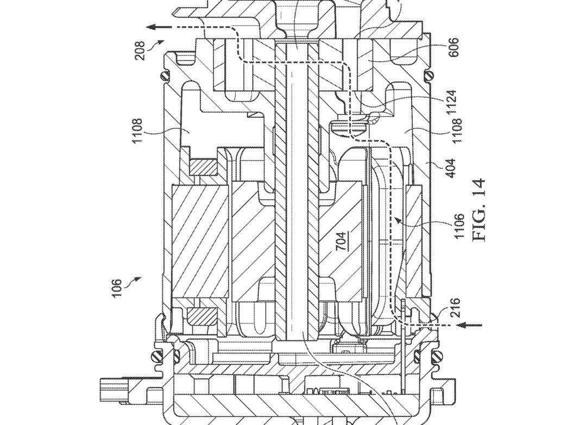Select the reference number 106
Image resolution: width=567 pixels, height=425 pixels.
[117, 288]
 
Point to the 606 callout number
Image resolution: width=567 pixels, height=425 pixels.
[453, 47]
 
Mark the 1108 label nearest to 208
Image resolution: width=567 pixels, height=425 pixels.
[138, 131]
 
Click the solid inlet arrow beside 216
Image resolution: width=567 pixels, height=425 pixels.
[469, 325]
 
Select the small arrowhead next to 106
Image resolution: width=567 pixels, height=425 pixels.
[137, 278]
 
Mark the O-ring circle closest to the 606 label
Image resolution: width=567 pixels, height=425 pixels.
[430, 76]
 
